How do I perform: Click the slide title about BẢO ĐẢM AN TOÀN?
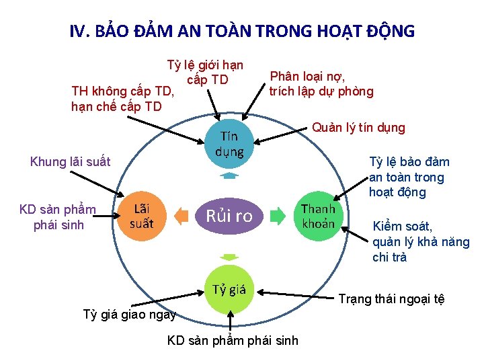[242, 31]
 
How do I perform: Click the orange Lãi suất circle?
[142, 215]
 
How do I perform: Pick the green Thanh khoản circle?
[318, 215]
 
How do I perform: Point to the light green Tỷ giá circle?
[229, 290]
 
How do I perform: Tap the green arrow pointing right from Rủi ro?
[278, 216]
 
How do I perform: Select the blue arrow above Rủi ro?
[229, 176]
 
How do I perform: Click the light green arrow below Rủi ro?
[229, 257]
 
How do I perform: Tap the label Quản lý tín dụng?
[359, 128]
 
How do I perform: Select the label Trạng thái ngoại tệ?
[391, 299]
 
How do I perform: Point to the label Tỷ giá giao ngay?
[129, 314]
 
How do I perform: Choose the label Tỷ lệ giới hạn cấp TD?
[205, 73]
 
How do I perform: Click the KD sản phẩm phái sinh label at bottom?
[233, 340]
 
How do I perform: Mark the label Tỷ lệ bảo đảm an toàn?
[409, 177]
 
